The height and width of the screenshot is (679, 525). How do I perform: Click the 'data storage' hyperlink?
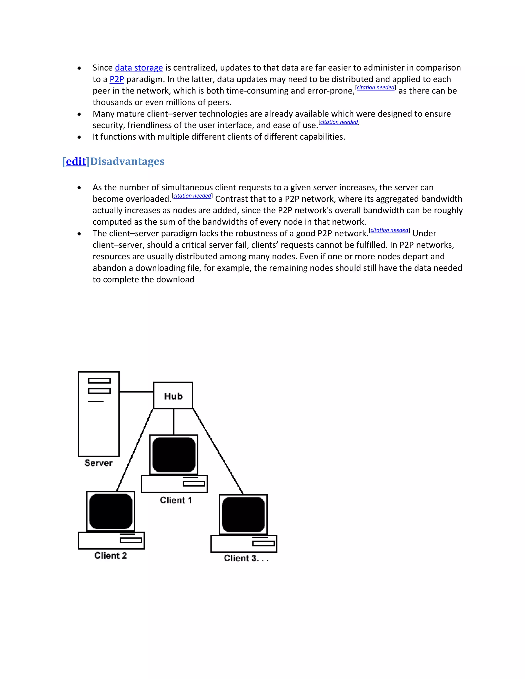click(139, 68)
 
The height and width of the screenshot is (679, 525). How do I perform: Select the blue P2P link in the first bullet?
click(117, 79)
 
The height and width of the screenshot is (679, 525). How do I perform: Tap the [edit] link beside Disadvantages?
click(76, 161)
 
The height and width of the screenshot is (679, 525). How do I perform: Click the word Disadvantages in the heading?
click(127, 161)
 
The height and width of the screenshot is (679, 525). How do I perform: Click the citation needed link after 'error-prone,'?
click(375, 88)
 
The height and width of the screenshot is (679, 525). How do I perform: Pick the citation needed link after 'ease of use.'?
click(339, 122)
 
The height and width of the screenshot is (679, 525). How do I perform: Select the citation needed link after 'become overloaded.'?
click(192, 196)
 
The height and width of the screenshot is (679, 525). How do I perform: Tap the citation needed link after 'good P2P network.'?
click(389, 230)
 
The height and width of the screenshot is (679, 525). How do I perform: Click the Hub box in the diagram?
click(173, 395)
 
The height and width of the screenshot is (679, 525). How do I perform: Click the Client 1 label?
click(176, 500)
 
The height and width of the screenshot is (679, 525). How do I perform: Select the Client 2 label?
click(110, 555)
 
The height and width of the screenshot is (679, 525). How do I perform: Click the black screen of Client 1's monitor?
click(174, 455)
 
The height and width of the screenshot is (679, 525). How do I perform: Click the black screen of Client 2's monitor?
click(111, 511)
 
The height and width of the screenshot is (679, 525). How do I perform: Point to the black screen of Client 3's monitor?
click(244, 515)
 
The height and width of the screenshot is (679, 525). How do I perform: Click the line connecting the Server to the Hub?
click(136, 392)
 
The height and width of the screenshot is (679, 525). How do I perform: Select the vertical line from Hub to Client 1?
click(174, 421)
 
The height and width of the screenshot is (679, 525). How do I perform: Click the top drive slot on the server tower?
click(99, 380)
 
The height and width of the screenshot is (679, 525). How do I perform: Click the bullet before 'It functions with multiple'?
click(79, 137)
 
